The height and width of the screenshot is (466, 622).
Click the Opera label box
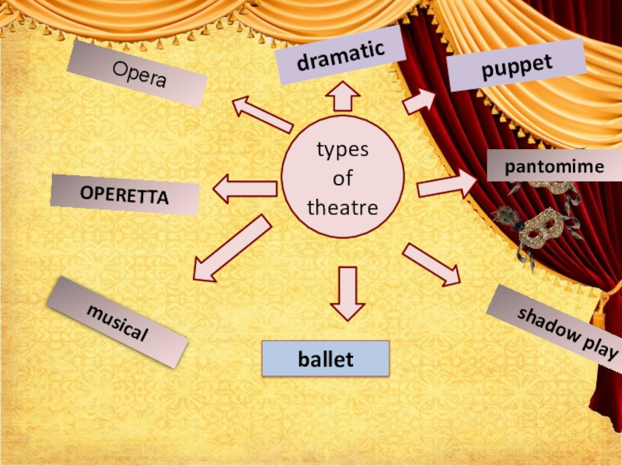[137, 74]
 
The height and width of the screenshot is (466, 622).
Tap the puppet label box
[516, 66]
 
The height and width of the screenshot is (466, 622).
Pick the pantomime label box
[554, 166]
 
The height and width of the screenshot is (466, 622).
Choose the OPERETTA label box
[124, 195]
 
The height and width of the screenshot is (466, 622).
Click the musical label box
[117, 322]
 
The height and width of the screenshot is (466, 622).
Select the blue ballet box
[325, 359]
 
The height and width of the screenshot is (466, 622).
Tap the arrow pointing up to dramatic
[341, 97]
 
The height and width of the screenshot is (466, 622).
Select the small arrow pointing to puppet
[419, 100]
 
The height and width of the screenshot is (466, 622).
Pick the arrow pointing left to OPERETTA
[245, 189]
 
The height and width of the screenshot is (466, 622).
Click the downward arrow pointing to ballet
[348, 294]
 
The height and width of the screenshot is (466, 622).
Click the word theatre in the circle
[342, 208]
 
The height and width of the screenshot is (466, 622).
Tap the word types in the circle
[342, 149]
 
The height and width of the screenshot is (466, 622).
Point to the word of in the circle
[342, 179]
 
